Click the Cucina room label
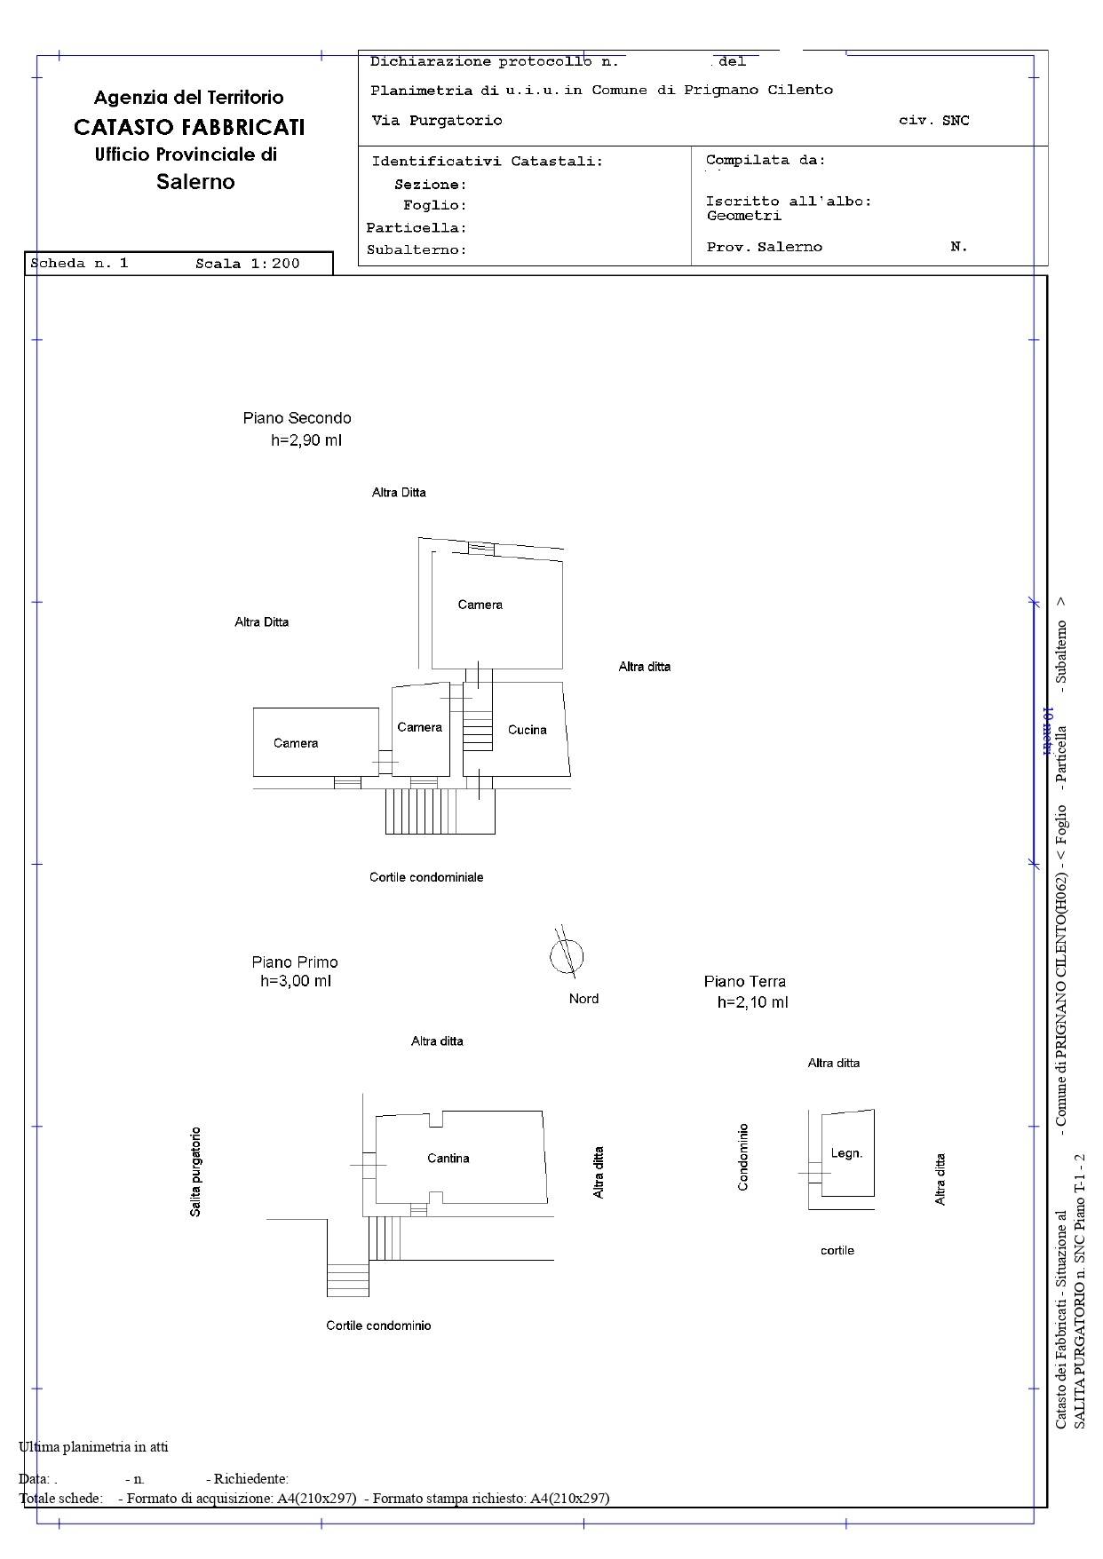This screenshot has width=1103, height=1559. (527, 730)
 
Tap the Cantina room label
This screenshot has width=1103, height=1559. (448, 1158)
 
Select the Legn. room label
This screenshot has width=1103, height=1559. (846, 1153)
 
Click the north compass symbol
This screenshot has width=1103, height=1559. (566, 955)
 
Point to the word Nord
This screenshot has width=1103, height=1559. (583, 999)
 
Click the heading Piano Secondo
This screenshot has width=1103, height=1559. (297, 418)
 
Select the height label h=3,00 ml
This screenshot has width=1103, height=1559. (296, 981)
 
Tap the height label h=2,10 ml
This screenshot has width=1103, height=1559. (752, 1002)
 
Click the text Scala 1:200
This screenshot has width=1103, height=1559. (248, 264)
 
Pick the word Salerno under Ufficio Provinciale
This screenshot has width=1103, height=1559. (195, 182)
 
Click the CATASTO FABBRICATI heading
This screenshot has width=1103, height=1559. (189, 127)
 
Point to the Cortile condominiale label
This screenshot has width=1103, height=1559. (426, 877)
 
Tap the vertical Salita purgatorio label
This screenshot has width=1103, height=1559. (195, 1172)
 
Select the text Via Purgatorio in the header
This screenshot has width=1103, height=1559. (436, 121)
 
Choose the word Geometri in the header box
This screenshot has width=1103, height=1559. (744, 216)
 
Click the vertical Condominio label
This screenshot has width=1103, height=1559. (743, 1157)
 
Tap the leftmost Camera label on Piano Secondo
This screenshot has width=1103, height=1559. (296, 743)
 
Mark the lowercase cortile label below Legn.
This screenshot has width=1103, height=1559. (837, 1250)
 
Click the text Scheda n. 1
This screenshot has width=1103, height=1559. (79, 264)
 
